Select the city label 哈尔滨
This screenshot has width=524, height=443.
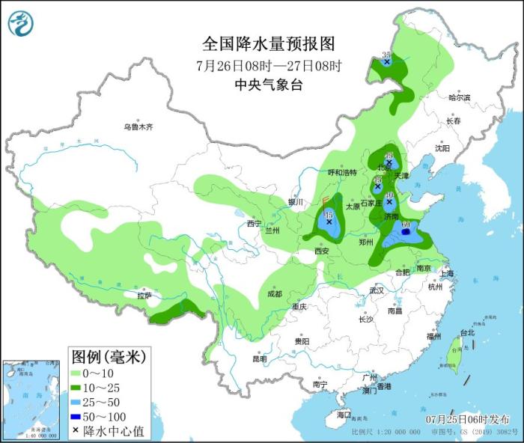tap(459, 97)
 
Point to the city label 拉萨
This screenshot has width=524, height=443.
tap(144, 296)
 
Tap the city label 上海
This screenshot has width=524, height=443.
tap(448, 274)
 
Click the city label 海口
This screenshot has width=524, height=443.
tap(344, 414)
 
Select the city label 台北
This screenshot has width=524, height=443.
tap(466, 332)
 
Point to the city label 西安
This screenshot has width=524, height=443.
tap(321, 251)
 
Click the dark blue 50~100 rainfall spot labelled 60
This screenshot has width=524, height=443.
tap(405, 233)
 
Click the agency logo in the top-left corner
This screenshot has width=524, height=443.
tap(21, 23)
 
